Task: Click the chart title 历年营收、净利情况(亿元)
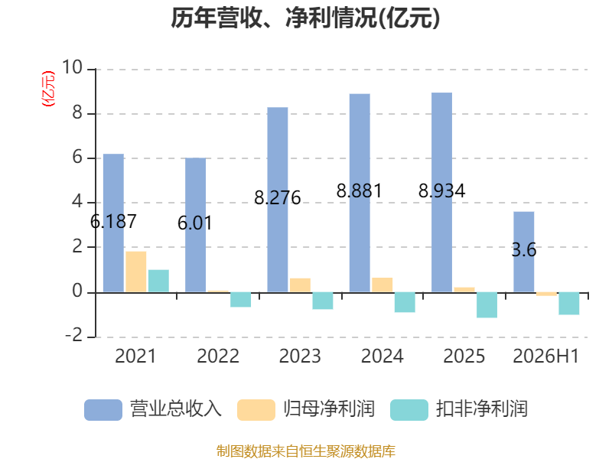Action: click(305, 18)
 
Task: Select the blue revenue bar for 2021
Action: click(113, 223)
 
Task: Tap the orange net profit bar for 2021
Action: click(136, 272)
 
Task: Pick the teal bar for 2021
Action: click(158, 281)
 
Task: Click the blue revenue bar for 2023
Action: click(278, 200)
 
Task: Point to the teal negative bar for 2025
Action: click(487, 304)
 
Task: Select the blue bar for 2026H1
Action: click(524, 252)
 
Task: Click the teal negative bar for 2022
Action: click(240, 300)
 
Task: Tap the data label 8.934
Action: click(442, 190)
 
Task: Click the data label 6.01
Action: click(195, 223)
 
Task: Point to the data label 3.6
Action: click(524, 250)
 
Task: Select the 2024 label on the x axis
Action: click(382, 356)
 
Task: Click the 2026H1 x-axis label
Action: click(545, 356)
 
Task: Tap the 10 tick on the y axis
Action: click(72, 67)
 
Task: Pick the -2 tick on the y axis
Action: click(73, 335)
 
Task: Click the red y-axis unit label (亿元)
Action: click(48, 89)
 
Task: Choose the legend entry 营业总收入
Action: click(153, 409)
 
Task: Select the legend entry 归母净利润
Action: click(306, 409)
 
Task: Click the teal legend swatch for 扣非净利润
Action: click(409, 410)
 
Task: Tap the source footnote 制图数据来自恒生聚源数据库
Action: click(306, 451)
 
